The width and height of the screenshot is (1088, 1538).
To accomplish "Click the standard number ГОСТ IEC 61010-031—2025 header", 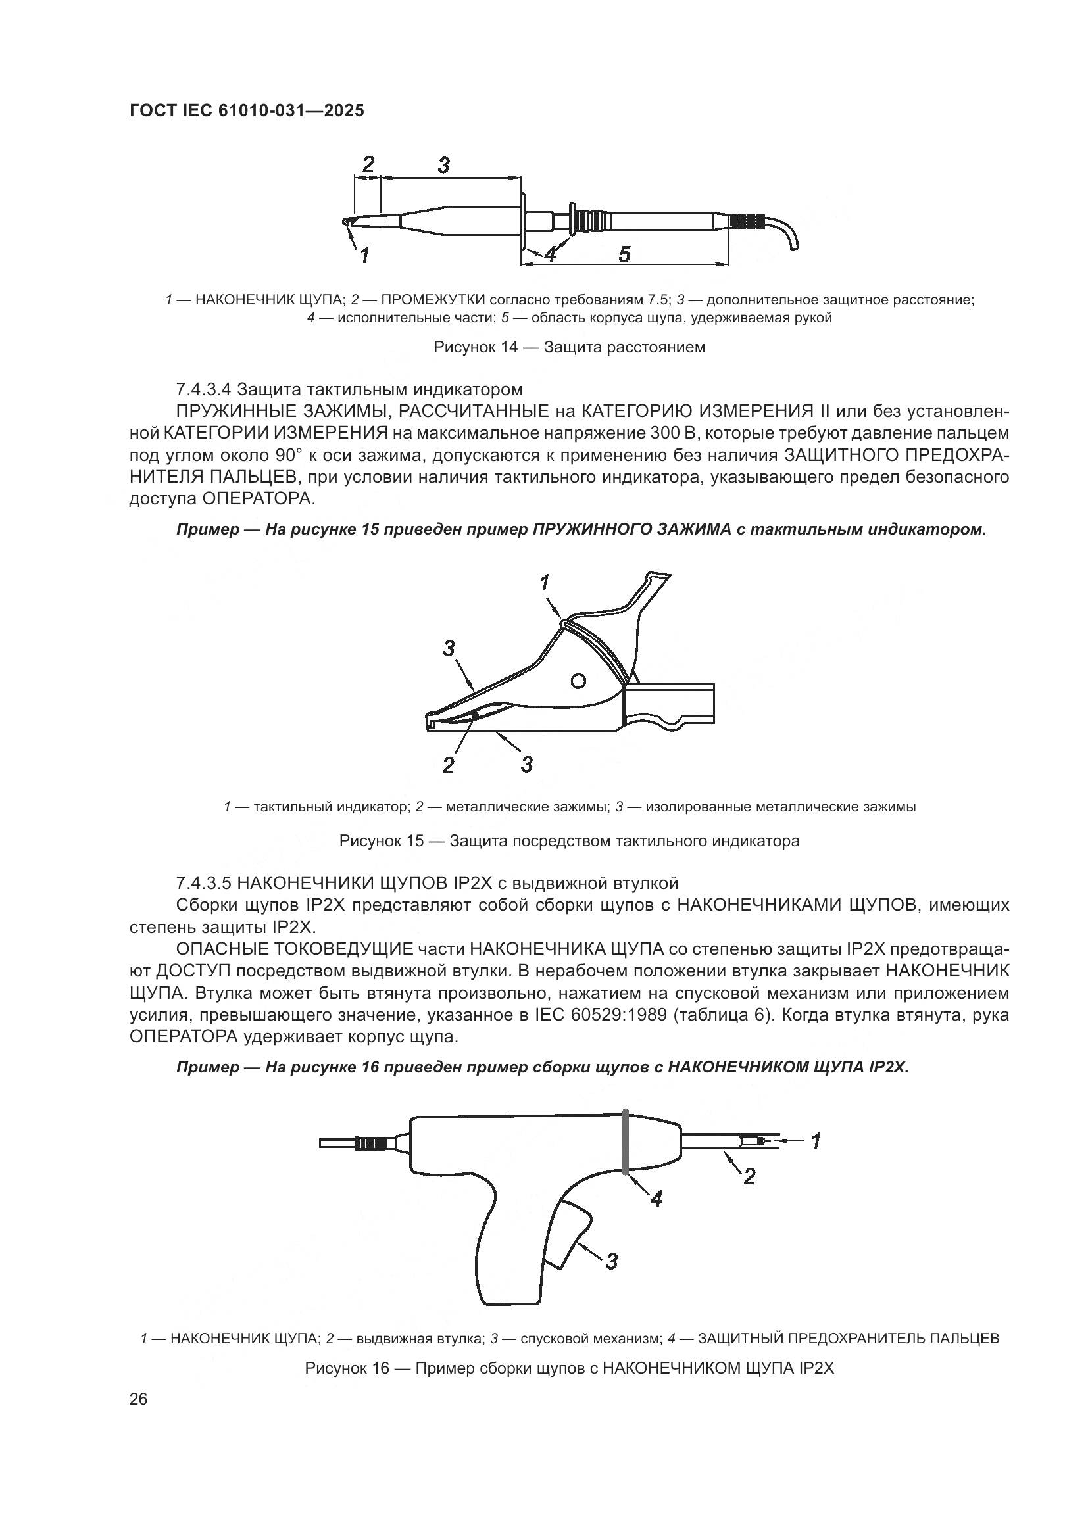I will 247,110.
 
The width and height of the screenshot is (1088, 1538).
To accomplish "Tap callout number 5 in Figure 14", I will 624,254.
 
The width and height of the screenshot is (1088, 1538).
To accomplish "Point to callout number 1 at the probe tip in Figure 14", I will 364,255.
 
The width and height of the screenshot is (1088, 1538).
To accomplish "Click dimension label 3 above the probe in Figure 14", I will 443,165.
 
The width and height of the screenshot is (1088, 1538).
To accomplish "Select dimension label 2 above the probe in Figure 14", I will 368,164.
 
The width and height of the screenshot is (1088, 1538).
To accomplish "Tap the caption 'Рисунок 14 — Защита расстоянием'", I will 570,347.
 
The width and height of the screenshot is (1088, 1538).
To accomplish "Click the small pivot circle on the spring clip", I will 578,681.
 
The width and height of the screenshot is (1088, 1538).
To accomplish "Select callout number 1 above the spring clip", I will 545,583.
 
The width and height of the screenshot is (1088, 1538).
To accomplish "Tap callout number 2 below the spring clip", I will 448,765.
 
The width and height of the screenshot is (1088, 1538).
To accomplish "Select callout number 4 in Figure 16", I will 656,1199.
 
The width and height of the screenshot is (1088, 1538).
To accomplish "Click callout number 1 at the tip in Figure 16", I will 816,1141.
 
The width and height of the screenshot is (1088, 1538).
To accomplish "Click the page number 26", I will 139,1399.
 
